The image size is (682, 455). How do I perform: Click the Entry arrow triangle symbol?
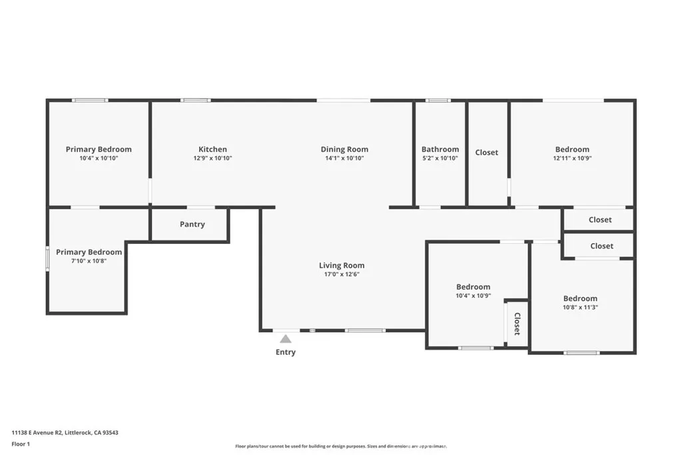tap(285, 339)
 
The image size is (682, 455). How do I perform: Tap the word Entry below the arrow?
tap(286, 352)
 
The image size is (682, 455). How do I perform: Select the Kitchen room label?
tap(212, 149)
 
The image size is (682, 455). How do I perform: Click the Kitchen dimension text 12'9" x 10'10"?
tap(212, 159)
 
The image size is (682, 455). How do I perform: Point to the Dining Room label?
tap(344, 149)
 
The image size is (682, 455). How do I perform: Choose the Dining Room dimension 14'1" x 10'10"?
tap(344, 159)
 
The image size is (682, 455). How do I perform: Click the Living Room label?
tap(342, 265)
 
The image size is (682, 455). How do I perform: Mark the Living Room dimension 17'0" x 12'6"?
tap(342, 274)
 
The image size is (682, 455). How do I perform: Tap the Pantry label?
tap(192, 225)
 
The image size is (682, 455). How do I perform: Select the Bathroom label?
tap(440, 149)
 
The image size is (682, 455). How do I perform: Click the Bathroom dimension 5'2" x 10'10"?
tap(440, 159)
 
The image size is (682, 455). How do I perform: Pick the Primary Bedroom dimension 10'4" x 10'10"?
tap(99, 159)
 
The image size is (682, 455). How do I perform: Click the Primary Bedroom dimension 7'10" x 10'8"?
tap(89, 261)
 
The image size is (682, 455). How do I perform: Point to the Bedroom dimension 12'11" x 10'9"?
tap(572, 159)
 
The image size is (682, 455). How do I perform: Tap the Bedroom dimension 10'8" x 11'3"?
tap(580, 308)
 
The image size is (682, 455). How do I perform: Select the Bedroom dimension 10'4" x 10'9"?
tap(473, 296)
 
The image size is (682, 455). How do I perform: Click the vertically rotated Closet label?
tap(517, 324)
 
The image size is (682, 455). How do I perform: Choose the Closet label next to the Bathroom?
tap(486, 153)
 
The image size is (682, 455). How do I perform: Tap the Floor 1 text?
tap(21, 444)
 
